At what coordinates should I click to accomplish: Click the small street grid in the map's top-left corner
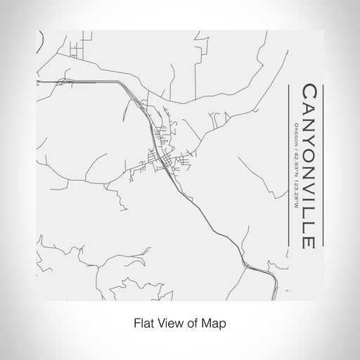coord(75,50)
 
